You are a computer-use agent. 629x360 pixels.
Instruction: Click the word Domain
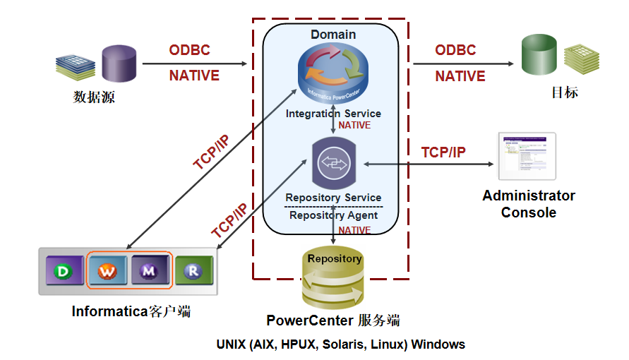coord(333,34)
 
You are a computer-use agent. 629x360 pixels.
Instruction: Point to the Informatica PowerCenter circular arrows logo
coord(333,71)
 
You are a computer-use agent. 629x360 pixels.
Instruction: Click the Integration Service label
coord(333,114)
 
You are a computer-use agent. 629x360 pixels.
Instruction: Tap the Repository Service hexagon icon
coord(334,164)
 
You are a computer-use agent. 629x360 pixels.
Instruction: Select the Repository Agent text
coord(333,215)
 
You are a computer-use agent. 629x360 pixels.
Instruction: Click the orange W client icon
coord(107,270)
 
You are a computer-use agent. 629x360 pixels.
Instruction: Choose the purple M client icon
coord(149,270)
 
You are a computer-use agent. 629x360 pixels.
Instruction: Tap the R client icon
coord(193,270)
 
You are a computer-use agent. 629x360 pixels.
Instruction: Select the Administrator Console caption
coord(529,204)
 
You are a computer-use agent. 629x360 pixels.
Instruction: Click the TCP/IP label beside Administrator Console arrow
coord(443,152)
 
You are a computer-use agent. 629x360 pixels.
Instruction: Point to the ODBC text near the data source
coord(189,50)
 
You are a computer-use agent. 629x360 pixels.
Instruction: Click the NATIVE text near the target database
coord(460,76)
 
